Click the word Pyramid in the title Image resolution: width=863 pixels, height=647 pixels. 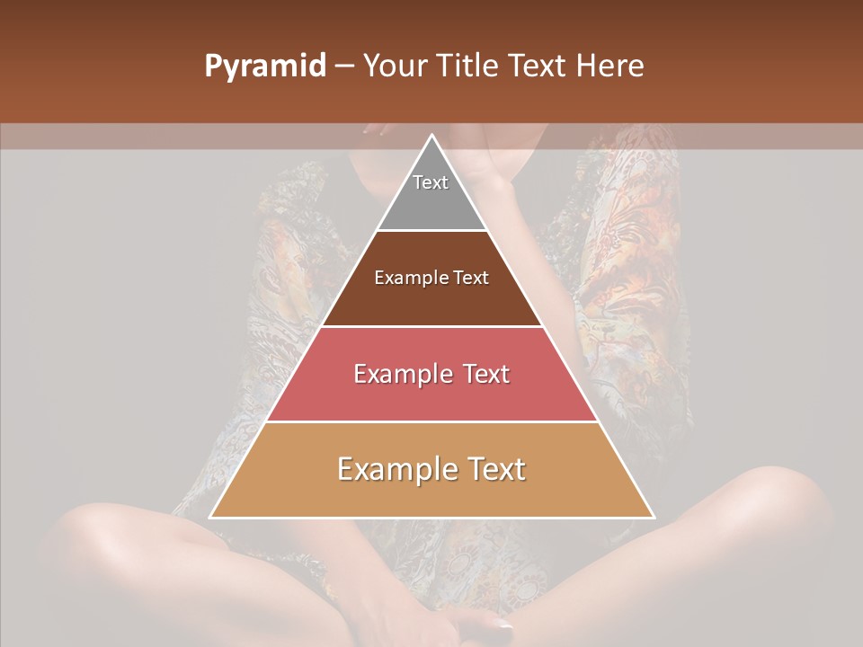pos(264,66)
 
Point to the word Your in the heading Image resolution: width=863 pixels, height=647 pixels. pos(396,66)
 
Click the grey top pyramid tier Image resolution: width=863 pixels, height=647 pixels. pos(431,202)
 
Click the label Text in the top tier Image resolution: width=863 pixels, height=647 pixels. pos(431,182)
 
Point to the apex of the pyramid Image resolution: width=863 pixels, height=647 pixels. pos(432,136)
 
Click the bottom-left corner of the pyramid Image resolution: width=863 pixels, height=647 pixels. pos(211,517)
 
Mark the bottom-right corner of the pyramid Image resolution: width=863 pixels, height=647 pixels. pos(653,517)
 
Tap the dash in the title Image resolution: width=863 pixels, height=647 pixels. pos(344,66)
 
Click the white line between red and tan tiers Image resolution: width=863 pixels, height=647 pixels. pos(431,421)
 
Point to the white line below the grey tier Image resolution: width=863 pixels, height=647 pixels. pos(431,231)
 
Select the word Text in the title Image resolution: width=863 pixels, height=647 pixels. pos(540,66)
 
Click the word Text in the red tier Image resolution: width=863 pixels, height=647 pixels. pos(485,374)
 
